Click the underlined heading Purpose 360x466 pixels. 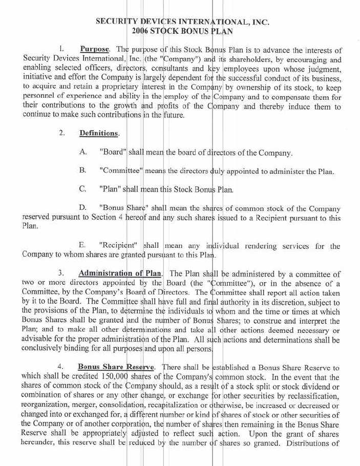tap(95, 49)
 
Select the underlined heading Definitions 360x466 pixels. tap(99, 133)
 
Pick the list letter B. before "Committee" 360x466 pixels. tap(83, 171)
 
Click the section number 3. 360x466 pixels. tap(61, 271)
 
